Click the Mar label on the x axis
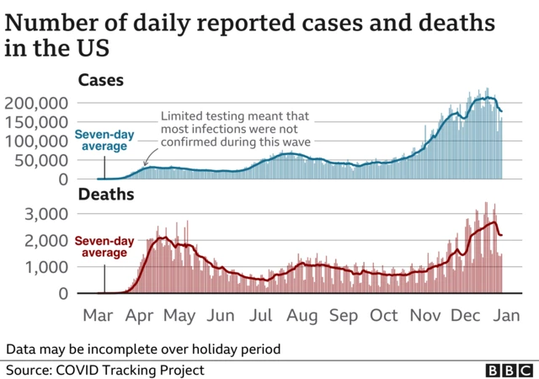pyautogui.click(x=99, y=316)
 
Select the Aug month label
pyautogui.click(x=302, y=316)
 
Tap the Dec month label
pyautogui.click(x=466, y=316)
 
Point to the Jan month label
pyautogui.click(x=506, y=316)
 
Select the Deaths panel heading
pyautogui.click(x=104, y=195)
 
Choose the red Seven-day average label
pyautogui.click(x=103, y=247)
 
